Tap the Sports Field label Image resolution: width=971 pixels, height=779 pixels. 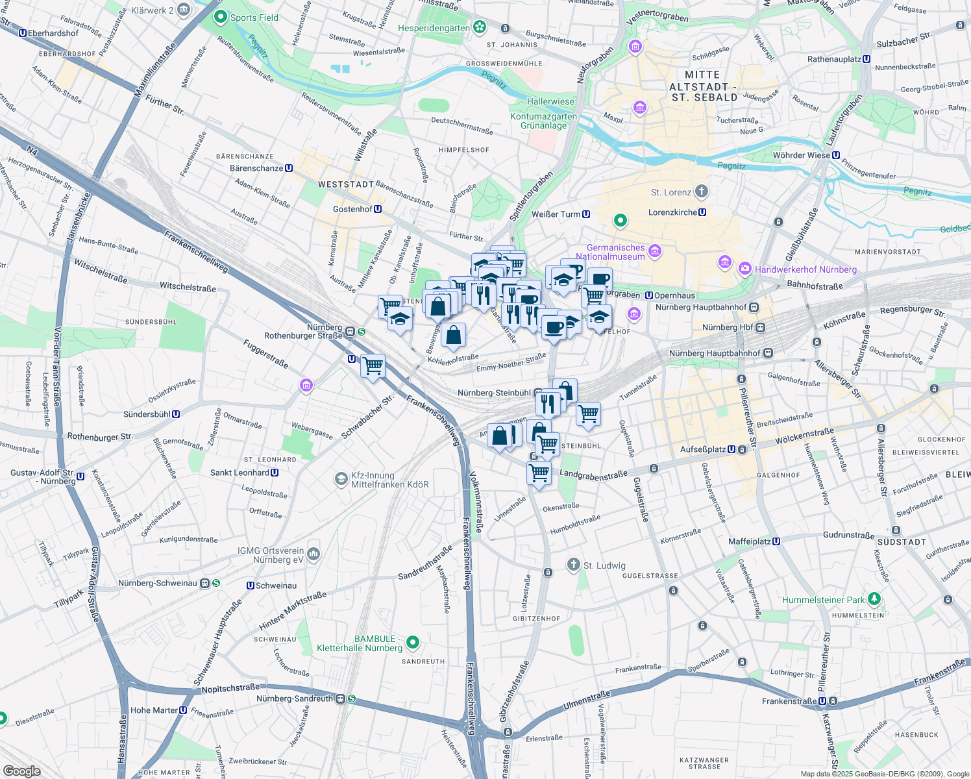tap(254, 18)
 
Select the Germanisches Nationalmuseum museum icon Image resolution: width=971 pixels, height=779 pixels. tap(655, 251)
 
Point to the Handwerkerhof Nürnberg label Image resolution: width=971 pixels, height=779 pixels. tap(805, 269)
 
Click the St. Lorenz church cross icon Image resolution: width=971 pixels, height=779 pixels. tap(701, 192)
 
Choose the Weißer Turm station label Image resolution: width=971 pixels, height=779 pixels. tap(556, 214)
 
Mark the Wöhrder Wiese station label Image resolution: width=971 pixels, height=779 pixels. tap(802, 155)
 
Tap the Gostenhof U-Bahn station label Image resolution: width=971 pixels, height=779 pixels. tap(352, 209)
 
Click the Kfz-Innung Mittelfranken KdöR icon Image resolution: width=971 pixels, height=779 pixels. tap(341, 479)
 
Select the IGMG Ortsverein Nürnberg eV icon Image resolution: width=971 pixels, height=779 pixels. tap(313, 554)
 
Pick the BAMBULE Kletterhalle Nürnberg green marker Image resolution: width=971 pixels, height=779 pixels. tap(412, 643)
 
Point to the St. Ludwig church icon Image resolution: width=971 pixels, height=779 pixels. tap(573, 564)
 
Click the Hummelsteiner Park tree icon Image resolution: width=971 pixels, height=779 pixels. tap(875, 598)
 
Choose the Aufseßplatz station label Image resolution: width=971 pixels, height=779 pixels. tap(703, 449)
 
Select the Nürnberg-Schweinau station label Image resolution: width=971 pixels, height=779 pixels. tap(158, 583)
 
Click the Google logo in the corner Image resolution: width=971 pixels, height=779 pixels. tap(22, 771)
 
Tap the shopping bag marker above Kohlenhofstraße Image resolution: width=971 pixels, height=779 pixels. tap(453, 336)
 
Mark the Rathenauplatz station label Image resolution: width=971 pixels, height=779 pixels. tap(834, 59)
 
